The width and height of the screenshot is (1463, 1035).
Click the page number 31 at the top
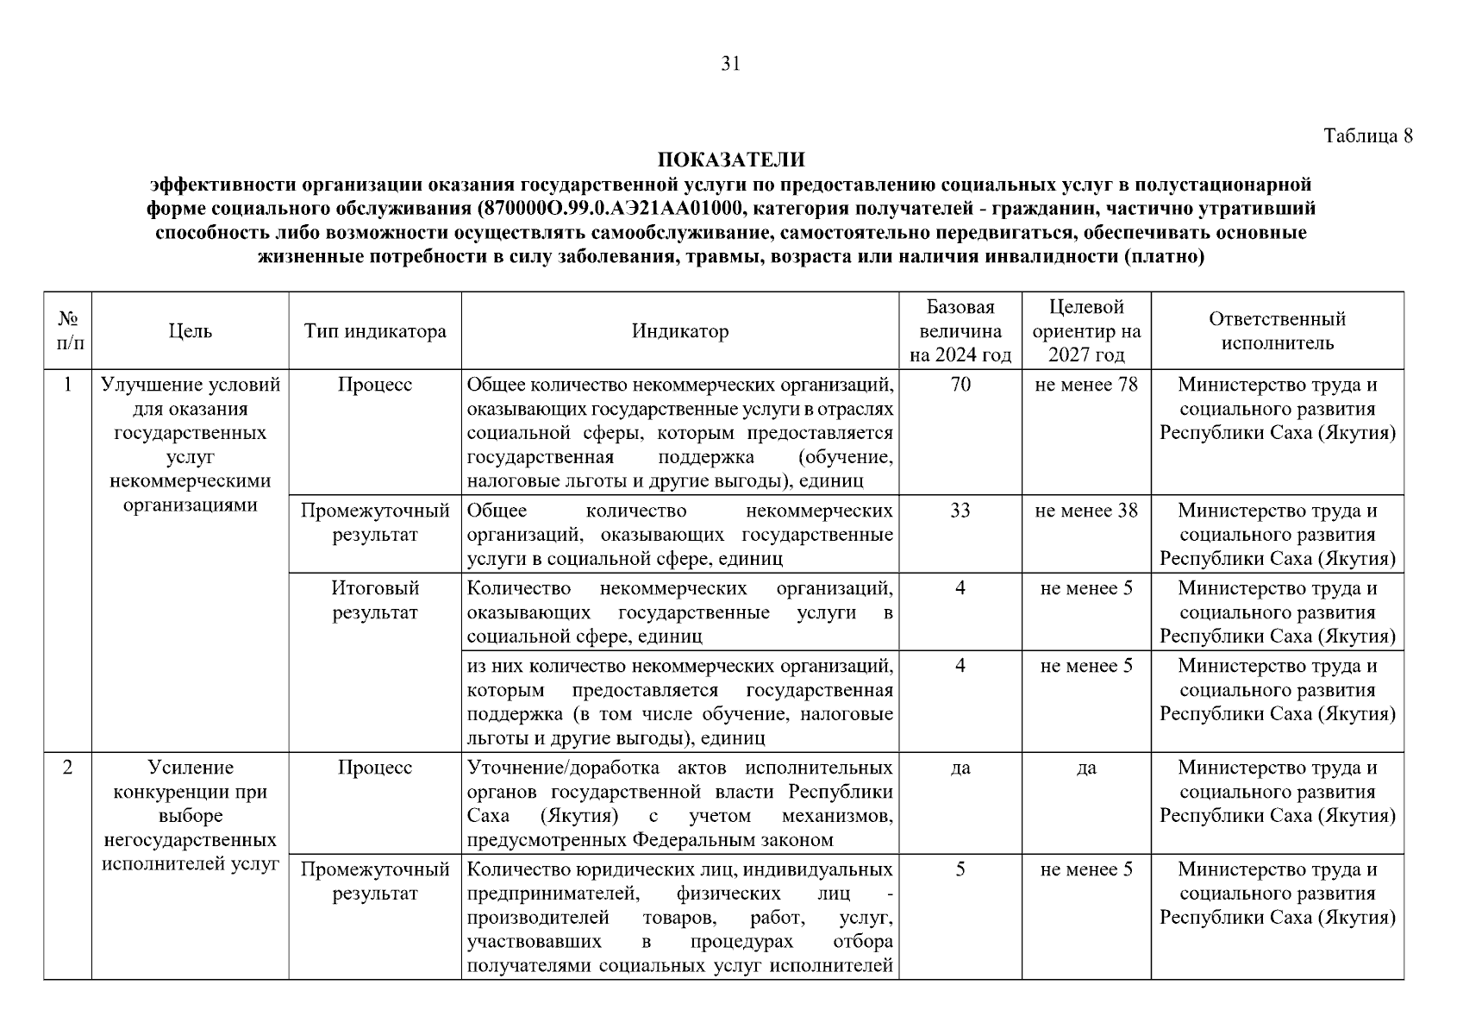730,64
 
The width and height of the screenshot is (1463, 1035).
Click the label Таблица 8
1368,135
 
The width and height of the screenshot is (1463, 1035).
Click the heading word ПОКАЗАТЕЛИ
731,160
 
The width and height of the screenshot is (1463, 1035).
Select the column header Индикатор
679,331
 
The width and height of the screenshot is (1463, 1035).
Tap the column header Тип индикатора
375,331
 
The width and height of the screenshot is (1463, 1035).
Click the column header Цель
191,331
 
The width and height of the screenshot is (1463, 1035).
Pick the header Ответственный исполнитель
1277,331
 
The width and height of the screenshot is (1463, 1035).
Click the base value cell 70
960,385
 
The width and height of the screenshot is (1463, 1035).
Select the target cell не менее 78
1086,385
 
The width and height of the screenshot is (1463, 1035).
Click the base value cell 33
960,511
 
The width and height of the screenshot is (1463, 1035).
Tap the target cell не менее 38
1086,511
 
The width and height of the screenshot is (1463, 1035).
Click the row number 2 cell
67,768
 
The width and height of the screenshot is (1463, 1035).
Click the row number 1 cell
67,385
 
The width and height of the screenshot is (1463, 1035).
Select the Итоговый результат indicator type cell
375,600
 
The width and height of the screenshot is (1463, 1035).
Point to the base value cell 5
960,869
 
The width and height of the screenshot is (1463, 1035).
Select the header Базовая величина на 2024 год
960,331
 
